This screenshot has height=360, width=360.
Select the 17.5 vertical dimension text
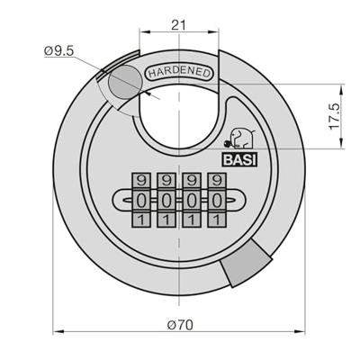pyautogui.click(x=334, y=116)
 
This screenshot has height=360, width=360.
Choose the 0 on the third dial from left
pyautogui.click(x=191, y=199)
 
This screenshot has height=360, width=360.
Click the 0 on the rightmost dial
pyautogui.click(x=215, y=199)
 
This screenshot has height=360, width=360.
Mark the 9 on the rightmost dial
pyautogui.click(x=215, y=180)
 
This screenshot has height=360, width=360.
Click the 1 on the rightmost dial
pyautogui.click(x=215, y=218)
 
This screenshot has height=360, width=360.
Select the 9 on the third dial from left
pyautogui.click(x=191, y=180)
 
